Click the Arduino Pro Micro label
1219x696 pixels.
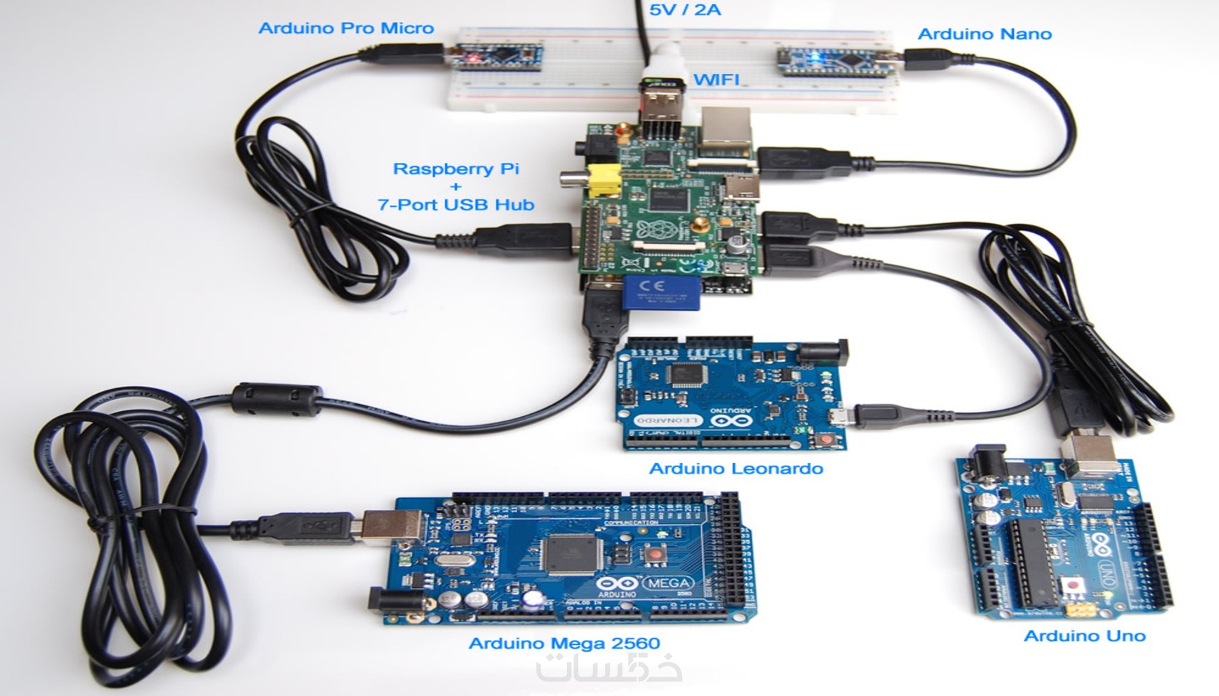(346, 29)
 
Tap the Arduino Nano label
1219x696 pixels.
(984, 34)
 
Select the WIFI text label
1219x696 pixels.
(717, 79)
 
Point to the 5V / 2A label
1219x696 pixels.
(685, 10)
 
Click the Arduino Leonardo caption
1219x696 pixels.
(736, 469)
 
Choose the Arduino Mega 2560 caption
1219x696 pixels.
(564, 643)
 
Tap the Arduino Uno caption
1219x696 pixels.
(1084, 636)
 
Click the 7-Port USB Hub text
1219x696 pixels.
(456, 204)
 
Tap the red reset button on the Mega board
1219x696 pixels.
(653, 555)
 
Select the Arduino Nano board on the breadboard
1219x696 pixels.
(835, 57)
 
